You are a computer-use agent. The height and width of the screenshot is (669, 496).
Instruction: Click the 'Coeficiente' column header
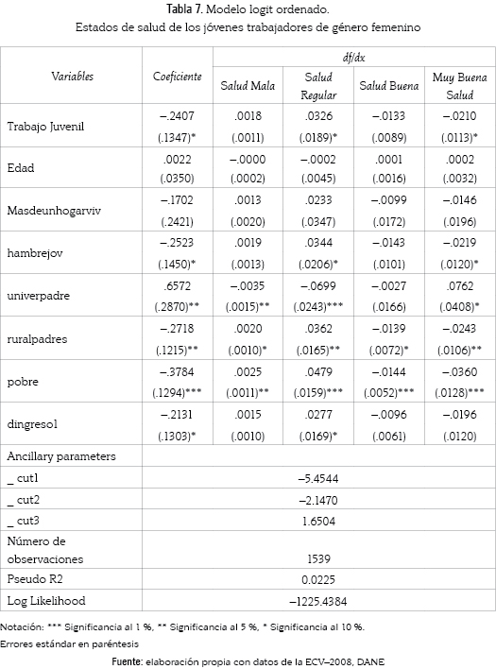pos(177,77)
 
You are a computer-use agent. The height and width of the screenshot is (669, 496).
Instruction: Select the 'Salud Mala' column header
pos(248,85)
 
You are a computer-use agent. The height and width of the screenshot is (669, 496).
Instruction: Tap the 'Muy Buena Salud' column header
pos(460,86)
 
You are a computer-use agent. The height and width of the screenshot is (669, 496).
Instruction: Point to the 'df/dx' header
pos(354,58)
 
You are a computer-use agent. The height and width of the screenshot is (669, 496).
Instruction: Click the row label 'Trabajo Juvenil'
pos(45,127)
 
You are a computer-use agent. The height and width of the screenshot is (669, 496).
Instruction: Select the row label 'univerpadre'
pos(38,296)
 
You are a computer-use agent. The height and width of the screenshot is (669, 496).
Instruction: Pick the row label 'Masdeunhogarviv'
pos(54,211)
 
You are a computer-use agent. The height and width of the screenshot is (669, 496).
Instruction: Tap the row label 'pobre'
pos(23,382)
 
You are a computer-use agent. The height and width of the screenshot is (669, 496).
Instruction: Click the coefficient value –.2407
pos(177,116)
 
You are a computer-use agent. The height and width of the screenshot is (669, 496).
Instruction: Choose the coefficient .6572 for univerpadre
pos(177,286)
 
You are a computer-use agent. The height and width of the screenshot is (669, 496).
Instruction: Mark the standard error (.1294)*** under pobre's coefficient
pos(177,392)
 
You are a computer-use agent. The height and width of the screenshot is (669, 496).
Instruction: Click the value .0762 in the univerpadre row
pos(460,286)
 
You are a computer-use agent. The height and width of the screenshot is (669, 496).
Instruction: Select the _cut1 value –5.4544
pos(318,479)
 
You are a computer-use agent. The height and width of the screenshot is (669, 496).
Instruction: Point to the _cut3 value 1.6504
pos(318,521)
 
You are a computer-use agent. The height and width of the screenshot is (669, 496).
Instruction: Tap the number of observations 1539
pos(318,559)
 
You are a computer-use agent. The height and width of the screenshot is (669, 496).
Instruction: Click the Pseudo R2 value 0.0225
pos(318,580)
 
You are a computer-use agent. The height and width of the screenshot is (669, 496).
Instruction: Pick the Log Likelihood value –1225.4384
pos(318,602)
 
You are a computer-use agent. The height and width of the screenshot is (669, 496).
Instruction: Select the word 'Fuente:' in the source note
pos(128,661)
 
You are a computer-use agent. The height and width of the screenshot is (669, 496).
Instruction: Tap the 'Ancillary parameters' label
pos(61,456)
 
